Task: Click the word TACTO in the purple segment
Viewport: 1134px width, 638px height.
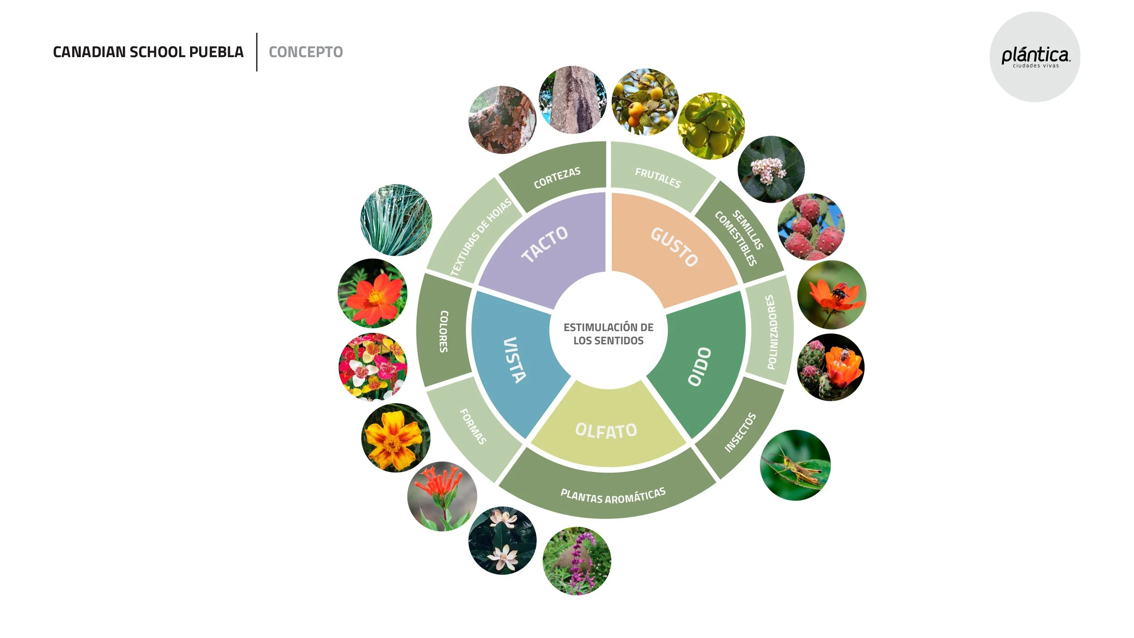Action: click(544, 244)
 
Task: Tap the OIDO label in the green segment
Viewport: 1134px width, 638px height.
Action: click(699, 366)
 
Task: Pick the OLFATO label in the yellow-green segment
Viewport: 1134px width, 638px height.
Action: click(606, 430)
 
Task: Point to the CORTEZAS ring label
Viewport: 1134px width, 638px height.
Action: click(557, 178)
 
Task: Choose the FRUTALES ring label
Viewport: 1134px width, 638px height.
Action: click(658, 178)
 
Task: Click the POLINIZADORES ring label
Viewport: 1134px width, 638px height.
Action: click(771, 332)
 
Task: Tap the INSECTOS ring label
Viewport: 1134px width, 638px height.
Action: click(740, 432)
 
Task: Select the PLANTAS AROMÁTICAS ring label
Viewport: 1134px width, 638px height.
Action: click(613, 496)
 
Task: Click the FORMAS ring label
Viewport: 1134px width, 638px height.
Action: click(473, 426)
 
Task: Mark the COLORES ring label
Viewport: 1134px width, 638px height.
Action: click(444, 331)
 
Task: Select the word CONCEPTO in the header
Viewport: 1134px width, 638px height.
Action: click(306, 52)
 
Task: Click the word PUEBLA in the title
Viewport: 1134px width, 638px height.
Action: click(216, 52)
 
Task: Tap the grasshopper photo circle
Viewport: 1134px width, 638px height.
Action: click(795, 465)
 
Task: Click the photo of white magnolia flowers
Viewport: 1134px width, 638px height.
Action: click(502, 541)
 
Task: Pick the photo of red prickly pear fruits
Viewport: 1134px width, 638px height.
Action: click(811, 227)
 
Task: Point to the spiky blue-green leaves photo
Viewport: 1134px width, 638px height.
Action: click(396, 220)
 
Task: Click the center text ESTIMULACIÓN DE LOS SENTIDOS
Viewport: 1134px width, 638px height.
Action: click(608, 334)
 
